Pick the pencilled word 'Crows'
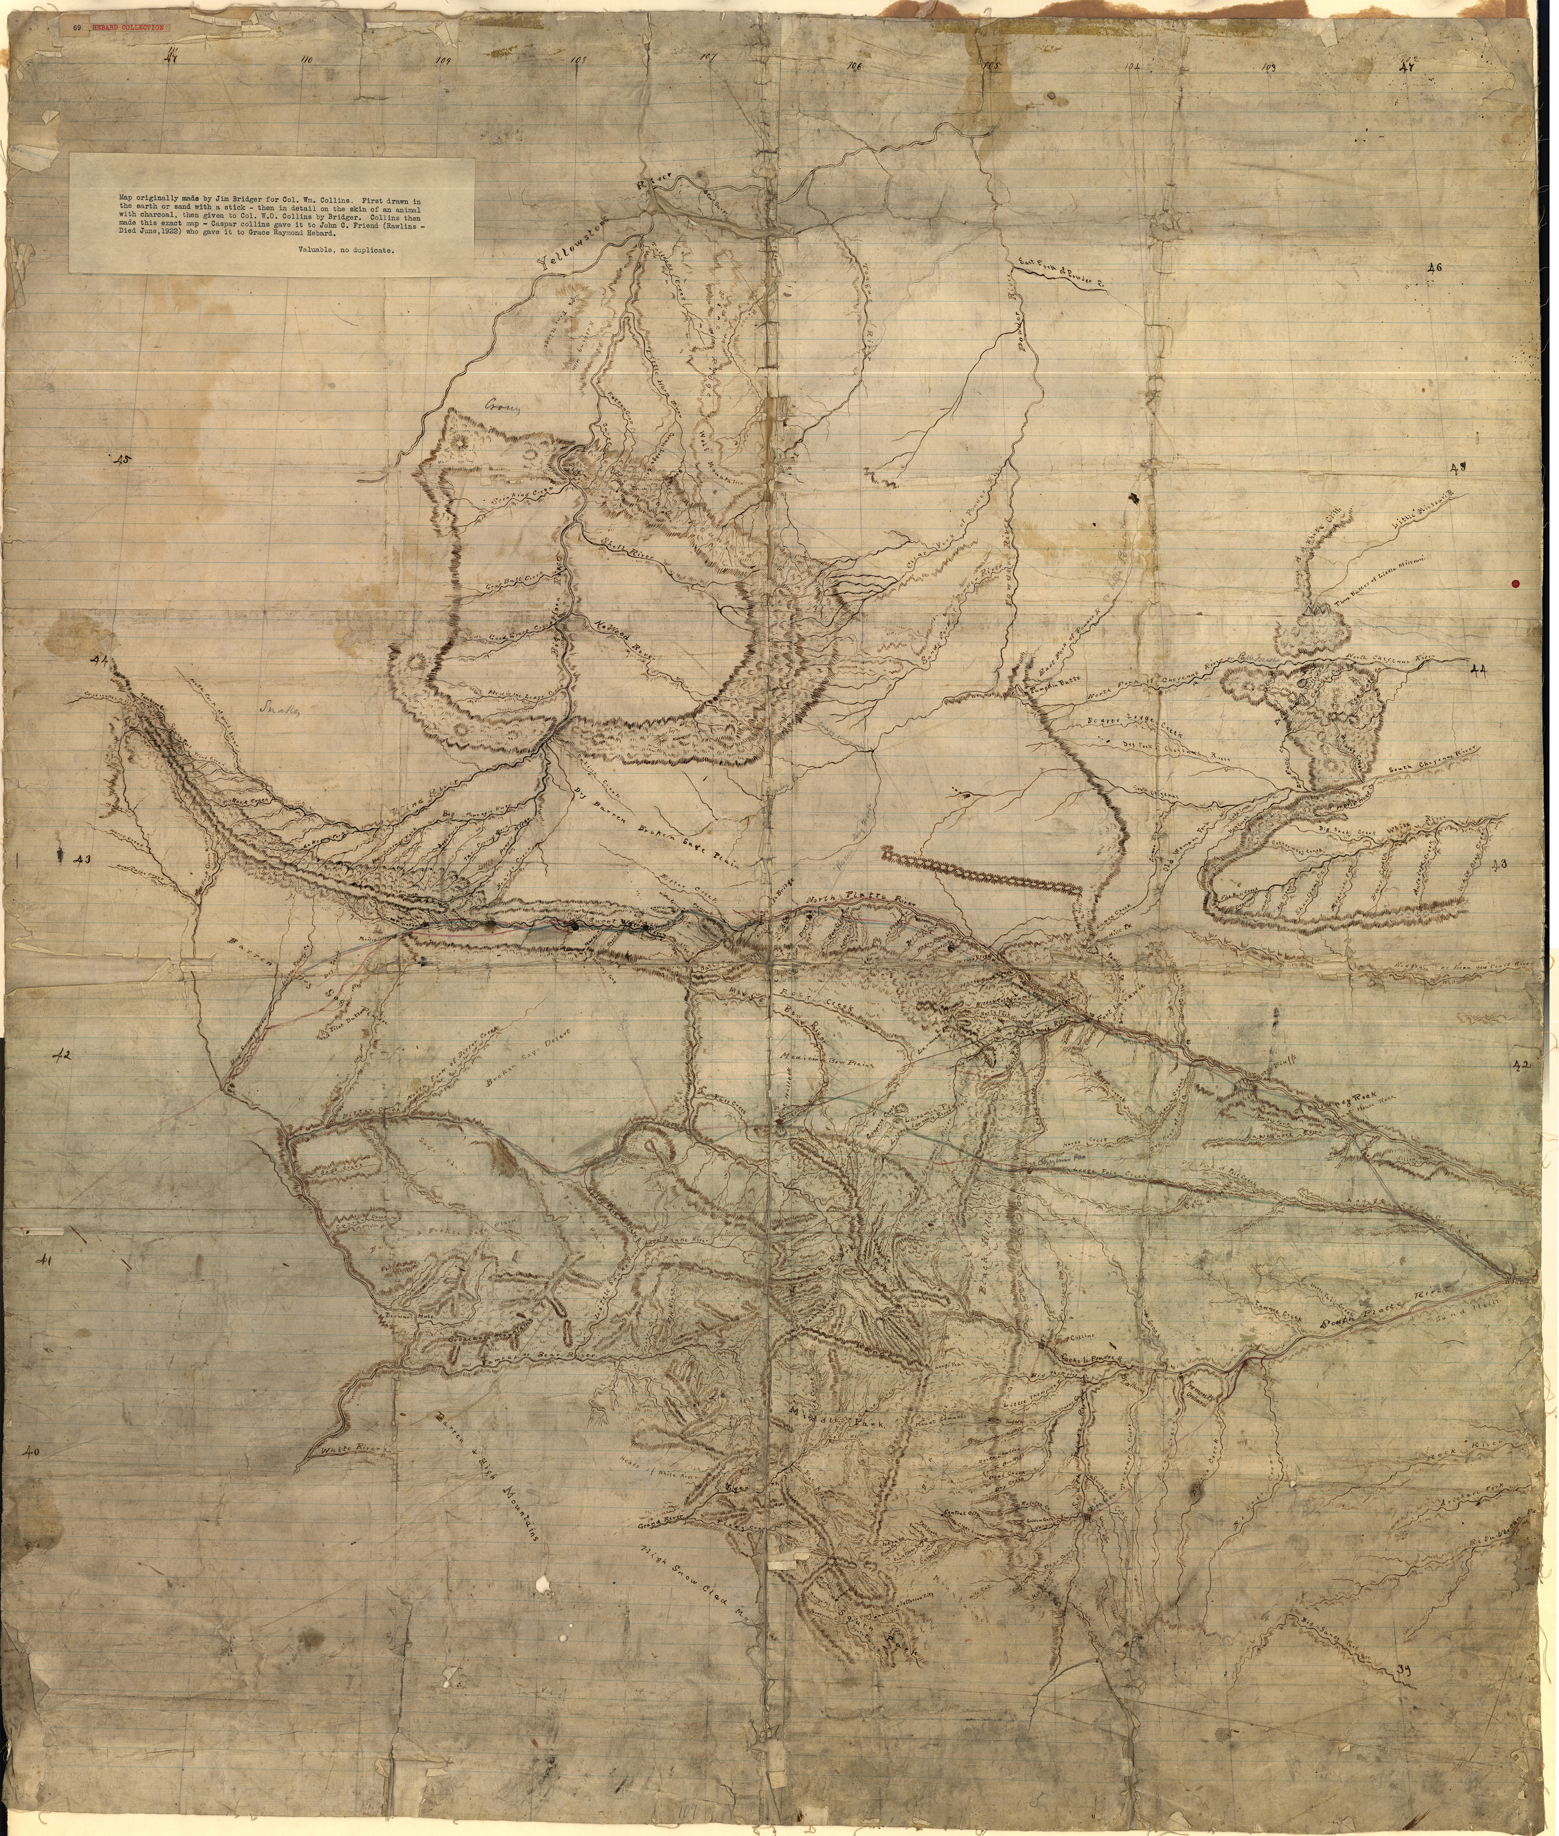click(x=504, y=407)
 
